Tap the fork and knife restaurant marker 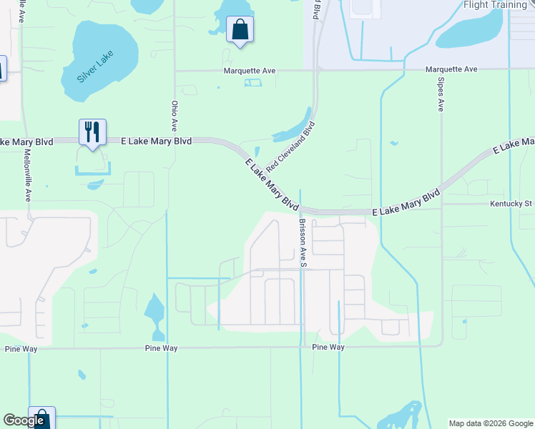[x=92, y=132]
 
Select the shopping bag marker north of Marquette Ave [x=240, y=30]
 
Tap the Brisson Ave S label [x=303, y=243]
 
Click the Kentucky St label [x=511, y=204]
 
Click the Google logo [x=24, y=420]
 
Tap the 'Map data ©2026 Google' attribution [x=491, y=423]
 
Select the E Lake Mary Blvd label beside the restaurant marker [x=157, y=142]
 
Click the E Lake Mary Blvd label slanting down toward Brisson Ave [x=271, y=184]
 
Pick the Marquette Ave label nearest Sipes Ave [x=451, y=69]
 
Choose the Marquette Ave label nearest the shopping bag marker [x=250, y=71]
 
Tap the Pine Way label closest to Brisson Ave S [x=328, y=347]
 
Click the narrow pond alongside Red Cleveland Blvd [x=292, y=127]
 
